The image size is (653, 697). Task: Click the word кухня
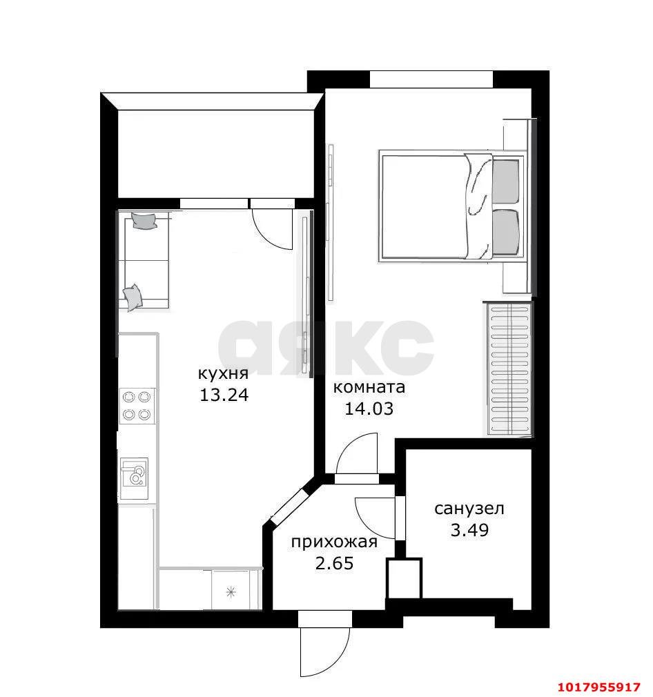tap(223, 373)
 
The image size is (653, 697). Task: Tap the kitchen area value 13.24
tap(224, 395)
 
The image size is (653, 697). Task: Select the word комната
tap(369, 387)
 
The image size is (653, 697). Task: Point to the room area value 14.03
tap(369, 409)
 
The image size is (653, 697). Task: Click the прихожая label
tap(334, 542)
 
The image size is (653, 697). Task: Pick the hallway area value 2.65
tap(334, 563)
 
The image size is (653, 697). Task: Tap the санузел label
tap(469, 509)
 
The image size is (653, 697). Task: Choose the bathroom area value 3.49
tap(469, 530)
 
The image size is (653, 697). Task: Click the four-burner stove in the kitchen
tap(137, 405)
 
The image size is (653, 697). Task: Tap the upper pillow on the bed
tap(505, 181)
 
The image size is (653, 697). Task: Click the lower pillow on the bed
tap(505, 232)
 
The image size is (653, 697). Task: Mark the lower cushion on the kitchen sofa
tap(133, 297)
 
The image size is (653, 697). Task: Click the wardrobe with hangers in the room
tap(509, 369)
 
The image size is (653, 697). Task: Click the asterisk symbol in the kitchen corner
tap(231, 591)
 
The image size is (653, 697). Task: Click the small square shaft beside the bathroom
tap(404, 578)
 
